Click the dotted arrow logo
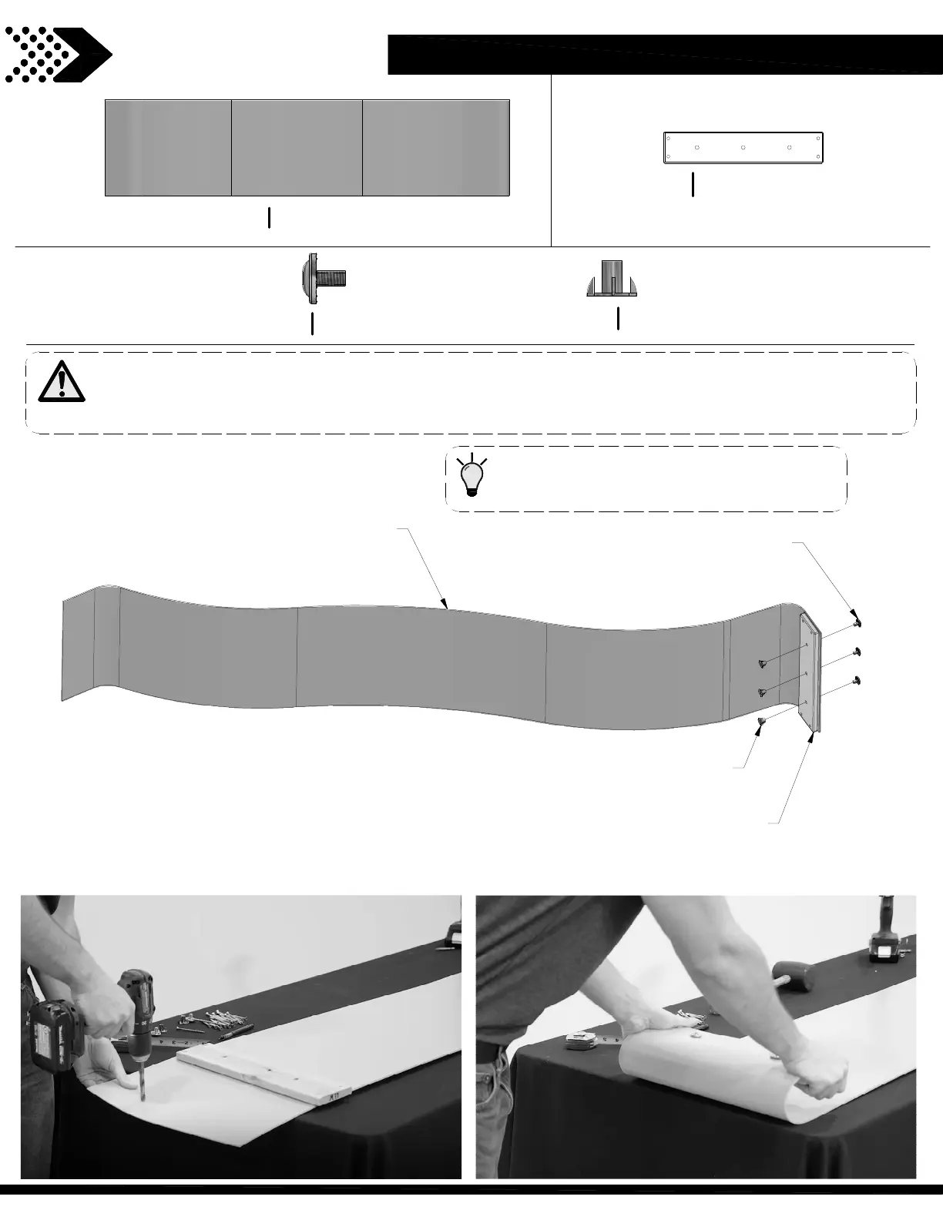[58, 54]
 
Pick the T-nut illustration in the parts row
[612, 280]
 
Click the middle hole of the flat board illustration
[743, 147]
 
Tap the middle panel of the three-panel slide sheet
[297, 147]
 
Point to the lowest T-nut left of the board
[761, 722]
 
